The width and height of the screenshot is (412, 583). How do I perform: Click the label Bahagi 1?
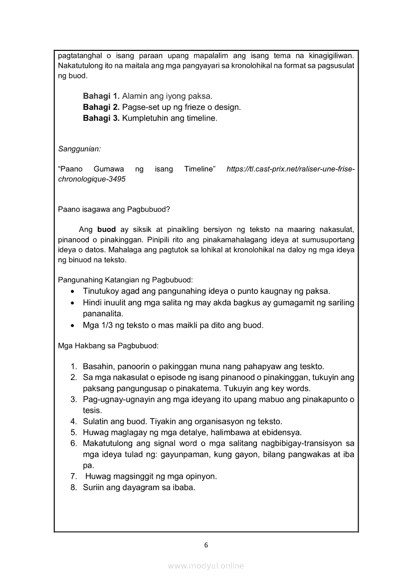[101, 96]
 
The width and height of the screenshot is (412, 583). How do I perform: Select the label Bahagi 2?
[101, 107]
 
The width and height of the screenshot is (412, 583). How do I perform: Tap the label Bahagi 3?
[101, 119]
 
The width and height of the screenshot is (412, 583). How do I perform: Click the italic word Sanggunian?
[79, 149]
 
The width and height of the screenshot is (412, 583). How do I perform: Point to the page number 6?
[206, 545]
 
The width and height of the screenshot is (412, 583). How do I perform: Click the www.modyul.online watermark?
[206, 566]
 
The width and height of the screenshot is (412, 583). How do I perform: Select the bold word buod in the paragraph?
[106, 229]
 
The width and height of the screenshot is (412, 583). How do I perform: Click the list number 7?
[73, 476]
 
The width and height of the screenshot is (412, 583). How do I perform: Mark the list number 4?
[73, 421]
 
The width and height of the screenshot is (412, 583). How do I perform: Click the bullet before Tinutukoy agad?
[73, 291]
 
